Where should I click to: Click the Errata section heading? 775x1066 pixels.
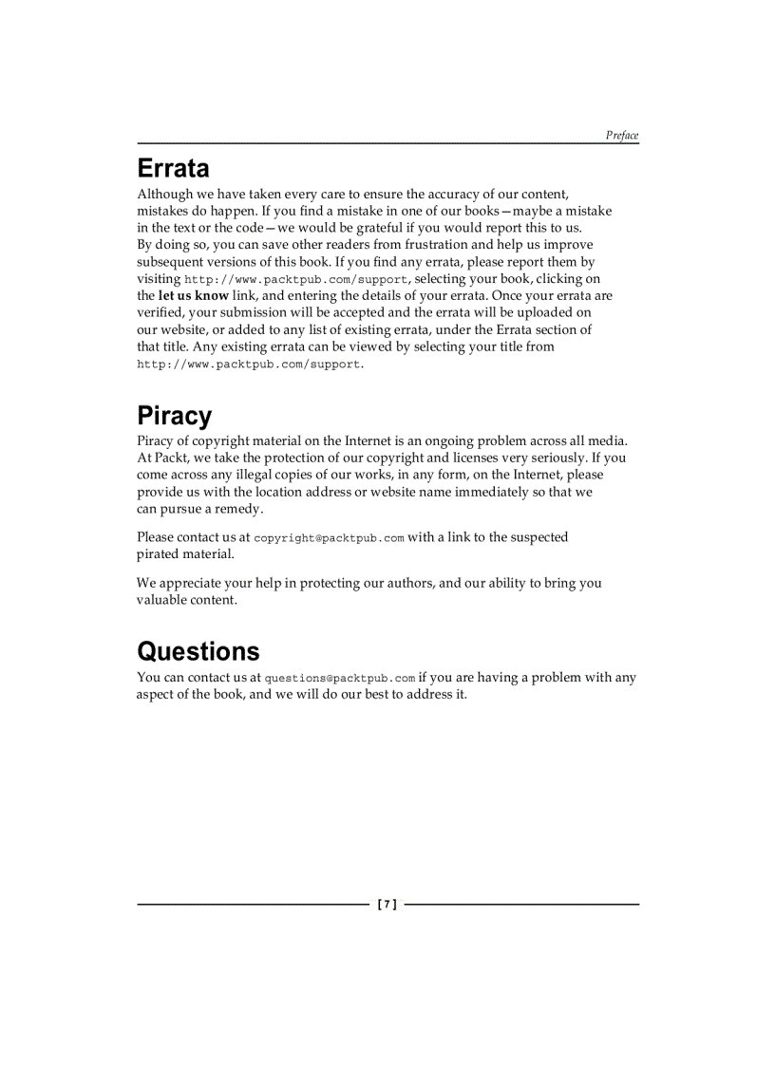173,169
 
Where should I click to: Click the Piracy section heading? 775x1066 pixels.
174,417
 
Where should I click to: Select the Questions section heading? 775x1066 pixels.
198,652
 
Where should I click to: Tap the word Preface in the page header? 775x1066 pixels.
622,136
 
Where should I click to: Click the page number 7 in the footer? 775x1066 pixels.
387,905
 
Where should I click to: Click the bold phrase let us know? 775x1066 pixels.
193,296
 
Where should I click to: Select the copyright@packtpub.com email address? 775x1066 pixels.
329,538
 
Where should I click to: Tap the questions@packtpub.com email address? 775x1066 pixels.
339,679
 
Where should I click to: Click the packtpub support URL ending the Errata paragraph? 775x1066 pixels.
249,365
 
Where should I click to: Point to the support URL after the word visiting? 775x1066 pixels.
295,280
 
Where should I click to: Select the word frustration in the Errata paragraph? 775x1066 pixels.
436,245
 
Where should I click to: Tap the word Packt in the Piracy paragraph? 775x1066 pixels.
170,458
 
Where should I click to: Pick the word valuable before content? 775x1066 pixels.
161,600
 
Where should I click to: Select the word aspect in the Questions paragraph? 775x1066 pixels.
156,695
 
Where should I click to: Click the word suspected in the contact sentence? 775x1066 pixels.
537,537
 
